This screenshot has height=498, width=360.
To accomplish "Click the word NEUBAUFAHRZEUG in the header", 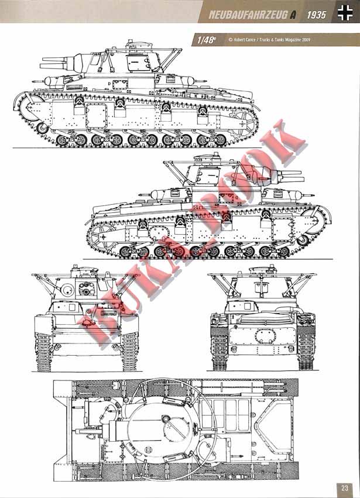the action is (248, 15).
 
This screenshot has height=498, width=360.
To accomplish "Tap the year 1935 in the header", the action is (316, 15).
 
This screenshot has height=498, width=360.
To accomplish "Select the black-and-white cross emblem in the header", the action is (345, 13).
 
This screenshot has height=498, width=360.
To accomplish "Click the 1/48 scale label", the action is (206, 40).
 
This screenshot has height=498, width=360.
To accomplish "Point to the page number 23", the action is (345, 487).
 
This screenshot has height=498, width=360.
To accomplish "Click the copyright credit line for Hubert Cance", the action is (269, 40).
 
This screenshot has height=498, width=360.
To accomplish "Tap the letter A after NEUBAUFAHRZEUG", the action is (293, 15).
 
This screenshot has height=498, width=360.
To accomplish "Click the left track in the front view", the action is (43, 352).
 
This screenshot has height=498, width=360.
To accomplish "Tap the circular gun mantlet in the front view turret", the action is (67, 290).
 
